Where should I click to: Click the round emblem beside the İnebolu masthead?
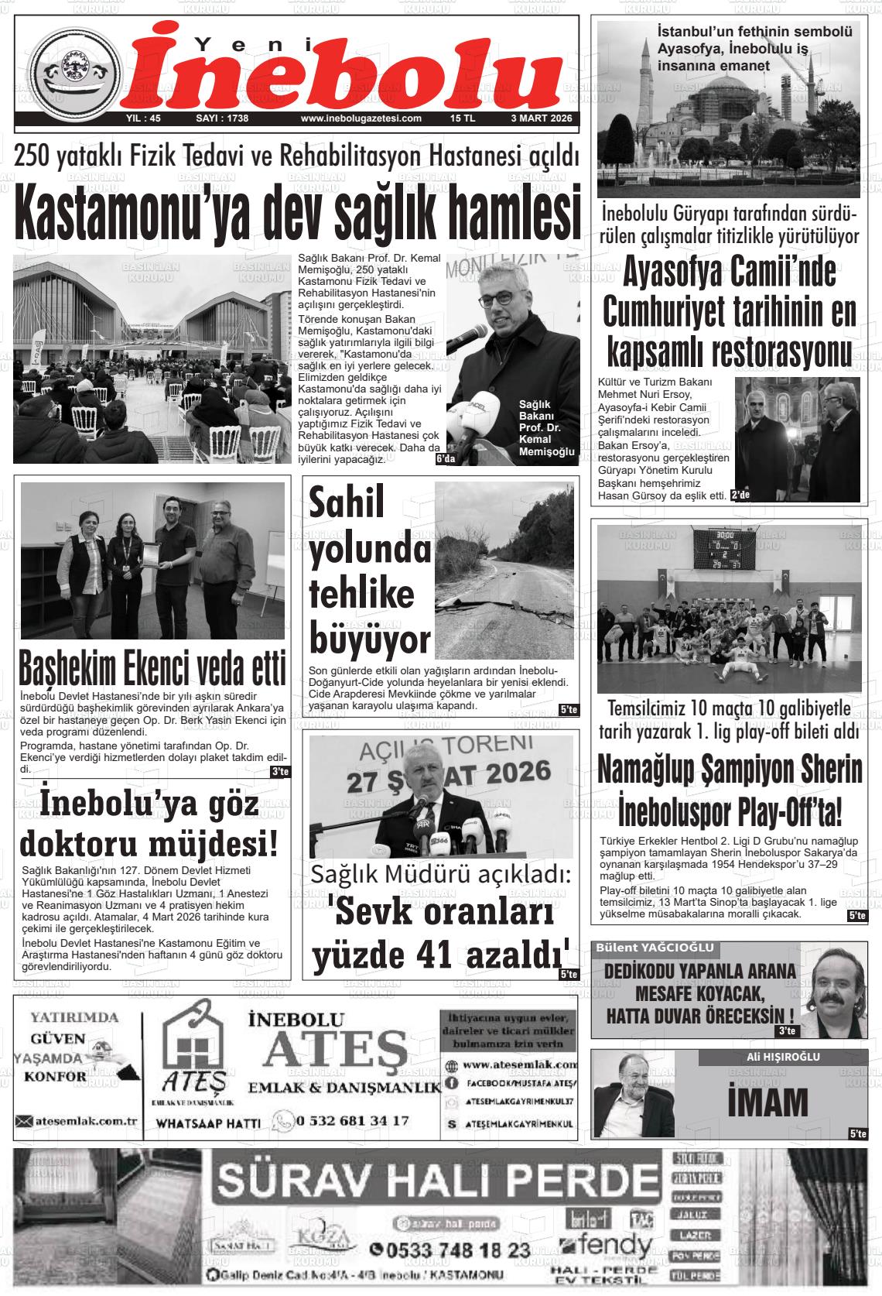pos(75,72)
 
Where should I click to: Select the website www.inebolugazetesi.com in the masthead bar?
pos(361,118)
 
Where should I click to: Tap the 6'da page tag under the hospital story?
pos(444,459)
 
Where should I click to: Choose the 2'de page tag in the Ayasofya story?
pos(740,495)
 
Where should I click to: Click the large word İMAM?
pos(768,1101)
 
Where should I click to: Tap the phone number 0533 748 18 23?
pos(450,1250)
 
